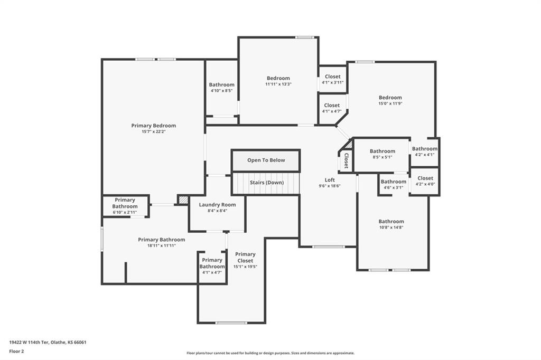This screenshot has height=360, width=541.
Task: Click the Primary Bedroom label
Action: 154,126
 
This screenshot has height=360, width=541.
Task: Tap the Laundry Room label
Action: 217,204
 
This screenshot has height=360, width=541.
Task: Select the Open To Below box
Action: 266,160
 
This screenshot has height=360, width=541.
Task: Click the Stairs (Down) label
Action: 267,183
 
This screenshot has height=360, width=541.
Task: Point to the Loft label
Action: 330,179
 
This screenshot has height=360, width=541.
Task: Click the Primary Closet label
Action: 245,257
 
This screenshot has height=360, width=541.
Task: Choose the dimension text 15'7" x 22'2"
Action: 154,131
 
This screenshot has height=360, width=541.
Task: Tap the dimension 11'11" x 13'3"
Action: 278,84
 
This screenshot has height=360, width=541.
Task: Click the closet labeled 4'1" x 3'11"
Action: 333,79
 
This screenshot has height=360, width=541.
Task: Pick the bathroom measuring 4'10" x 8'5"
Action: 221,88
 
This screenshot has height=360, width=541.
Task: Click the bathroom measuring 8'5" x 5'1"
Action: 383,154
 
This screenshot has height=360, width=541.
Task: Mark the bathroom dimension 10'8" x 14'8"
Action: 391,227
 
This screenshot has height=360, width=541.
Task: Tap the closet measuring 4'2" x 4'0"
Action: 425,181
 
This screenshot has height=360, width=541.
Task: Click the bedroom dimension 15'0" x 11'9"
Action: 390,103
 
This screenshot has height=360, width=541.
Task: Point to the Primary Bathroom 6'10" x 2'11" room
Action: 125,206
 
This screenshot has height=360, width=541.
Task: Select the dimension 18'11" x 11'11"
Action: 162,245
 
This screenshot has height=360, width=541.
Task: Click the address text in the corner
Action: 48,343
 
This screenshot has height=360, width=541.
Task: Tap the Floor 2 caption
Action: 16,352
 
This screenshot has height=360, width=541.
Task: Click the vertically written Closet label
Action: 346,160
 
